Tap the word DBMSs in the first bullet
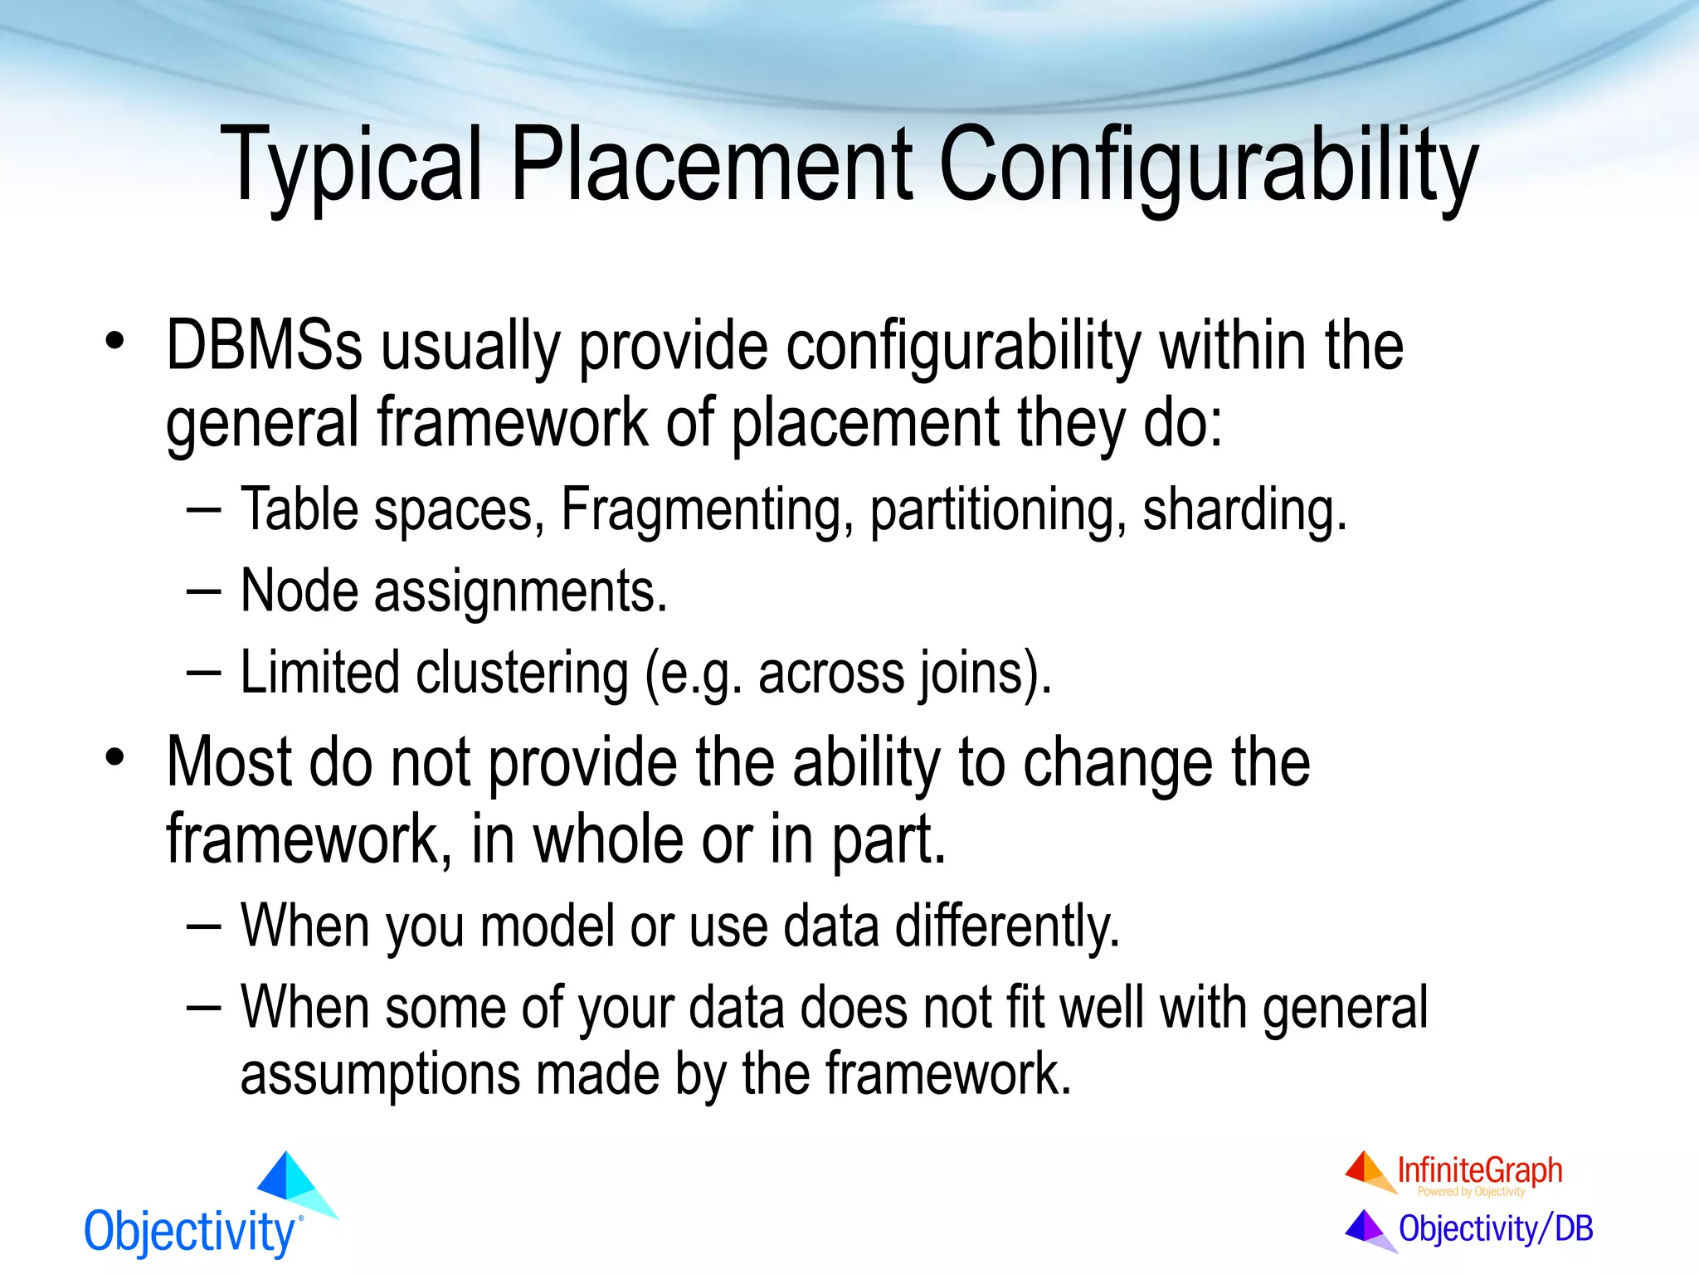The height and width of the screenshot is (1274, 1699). (264, 346)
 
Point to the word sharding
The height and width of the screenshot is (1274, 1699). (1244, 509)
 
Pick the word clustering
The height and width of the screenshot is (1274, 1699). (522, 673)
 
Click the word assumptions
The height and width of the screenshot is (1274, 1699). (378, 1074)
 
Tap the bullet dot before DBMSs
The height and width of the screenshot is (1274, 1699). (114, 340)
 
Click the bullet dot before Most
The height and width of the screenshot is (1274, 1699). (114, 756)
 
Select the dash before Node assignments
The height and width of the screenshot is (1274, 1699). (203, 592)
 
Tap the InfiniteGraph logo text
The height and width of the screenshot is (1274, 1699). (1479, 1170)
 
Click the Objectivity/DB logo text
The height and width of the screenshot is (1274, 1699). (1495, 1228)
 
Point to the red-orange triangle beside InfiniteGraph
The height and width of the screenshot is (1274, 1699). (1367, 1170)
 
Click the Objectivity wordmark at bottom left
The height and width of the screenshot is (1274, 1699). (189, 1232)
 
